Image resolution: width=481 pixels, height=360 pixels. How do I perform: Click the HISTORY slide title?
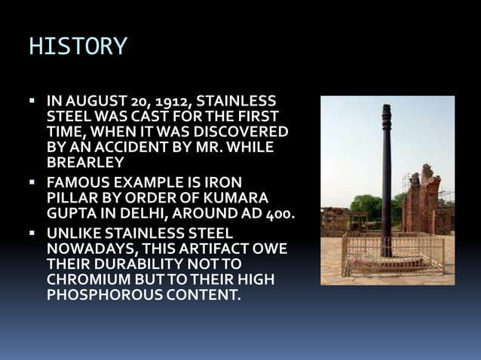click(x=78, y=47)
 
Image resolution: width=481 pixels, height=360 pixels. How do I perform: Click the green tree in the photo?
click(x=366, y=205)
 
